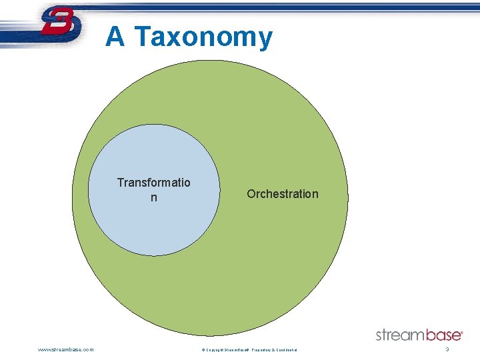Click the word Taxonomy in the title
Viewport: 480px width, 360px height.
click(x=203, y=37)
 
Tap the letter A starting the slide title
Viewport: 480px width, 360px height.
click(x=115, y=37)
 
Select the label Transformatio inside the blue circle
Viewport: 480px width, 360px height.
click(x=153, y=183)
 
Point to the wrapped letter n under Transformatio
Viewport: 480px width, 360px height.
click(x=154, y=198)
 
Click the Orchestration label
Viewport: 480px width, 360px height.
click(x=283, y=194)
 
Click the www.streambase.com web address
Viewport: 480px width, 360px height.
click(x=66, y=349)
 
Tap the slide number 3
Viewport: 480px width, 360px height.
click(x=447, y=349)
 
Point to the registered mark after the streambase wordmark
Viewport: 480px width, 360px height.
click(x=462, y=331)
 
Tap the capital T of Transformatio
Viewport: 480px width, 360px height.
click(x=121, y=183)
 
